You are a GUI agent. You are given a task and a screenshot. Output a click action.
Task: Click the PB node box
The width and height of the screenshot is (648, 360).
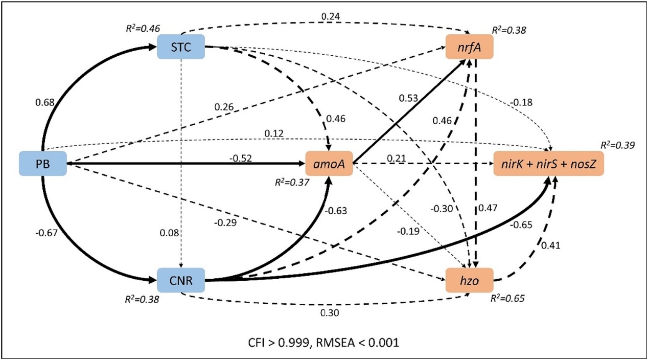point(43,163)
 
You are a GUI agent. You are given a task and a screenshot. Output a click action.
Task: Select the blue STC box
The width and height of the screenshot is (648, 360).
point(181,47)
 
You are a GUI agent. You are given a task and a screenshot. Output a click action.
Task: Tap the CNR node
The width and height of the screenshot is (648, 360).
point(181,280)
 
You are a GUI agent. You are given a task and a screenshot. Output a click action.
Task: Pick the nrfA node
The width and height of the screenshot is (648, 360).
point(469,47)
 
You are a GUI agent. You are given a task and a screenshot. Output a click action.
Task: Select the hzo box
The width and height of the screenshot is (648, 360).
point(469,280)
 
